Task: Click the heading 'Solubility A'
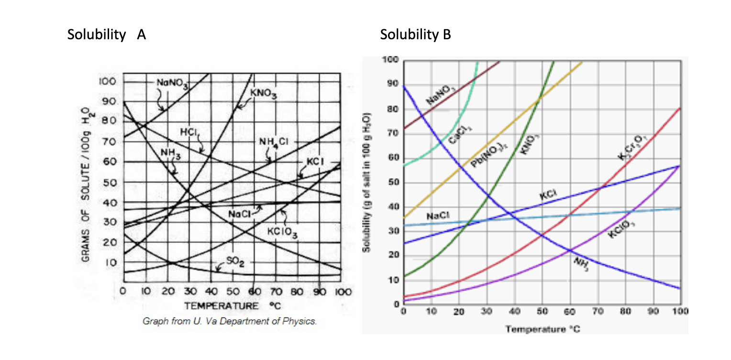[x=106, y=35]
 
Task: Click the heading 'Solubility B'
[x=415, y=35]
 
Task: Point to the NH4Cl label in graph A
[x=274, y=142]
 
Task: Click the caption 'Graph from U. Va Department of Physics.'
[x=230, y=321]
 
